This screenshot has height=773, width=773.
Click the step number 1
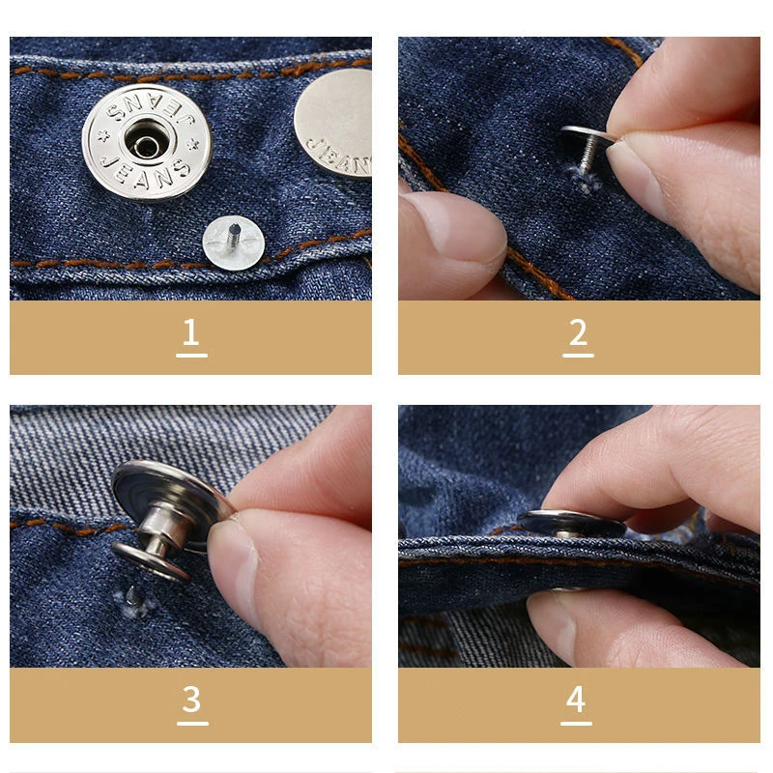click(x=190, y=331)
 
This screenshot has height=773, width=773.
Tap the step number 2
click(x=578, y=331)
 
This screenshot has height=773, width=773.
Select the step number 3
click(x=191, y=699)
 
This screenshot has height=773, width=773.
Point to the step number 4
click(x=576, y=699)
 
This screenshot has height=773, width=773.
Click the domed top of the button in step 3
click(x=159, y=493)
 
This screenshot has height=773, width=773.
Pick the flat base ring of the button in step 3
click(x=150, y=560)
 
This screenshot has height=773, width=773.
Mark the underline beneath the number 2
click(x=578, y=355)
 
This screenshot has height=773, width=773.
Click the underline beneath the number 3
click(x=191, y=722)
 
